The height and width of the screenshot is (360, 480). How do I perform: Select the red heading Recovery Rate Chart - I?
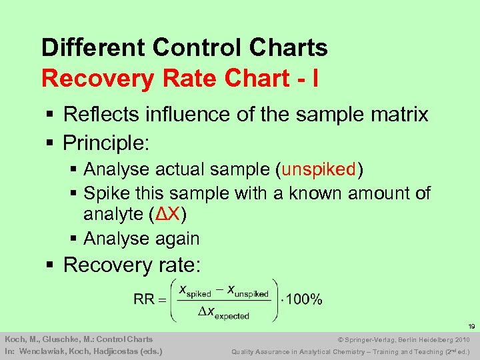(x=179, y=78)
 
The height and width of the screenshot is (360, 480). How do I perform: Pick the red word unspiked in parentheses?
(x=319, y=170)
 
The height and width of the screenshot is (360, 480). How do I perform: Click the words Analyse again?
(x=141, y=238)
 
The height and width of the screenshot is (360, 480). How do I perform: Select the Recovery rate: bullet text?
(x=131, y=265)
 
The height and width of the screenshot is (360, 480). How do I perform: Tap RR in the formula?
(x=144, y=299)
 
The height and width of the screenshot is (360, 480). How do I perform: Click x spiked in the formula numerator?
(x=195, y=291)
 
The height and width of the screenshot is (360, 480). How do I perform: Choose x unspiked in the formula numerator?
(x=248, y=291)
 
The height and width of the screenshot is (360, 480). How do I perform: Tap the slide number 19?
(x=471, y=327)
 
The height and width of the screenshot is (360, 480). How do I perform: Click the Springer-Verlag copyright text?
(x=385, y=339)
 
